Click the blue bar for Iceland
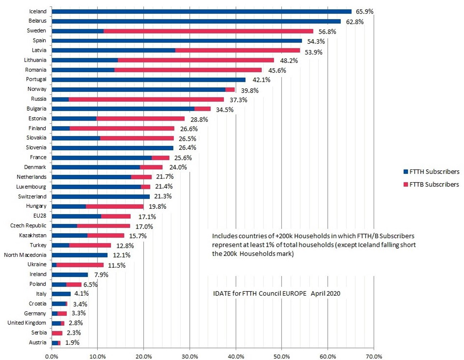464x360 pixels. coord(201,11)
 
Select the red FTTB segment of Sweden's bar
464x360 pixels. coord(208,31)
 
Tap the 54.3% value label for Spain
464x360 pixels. coord(316,41)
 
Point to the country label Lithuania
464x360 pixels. coord(35,60)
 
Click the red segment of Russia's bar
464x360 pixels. coord(146,99)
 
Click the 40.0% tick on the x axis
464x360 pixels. coord(236,356)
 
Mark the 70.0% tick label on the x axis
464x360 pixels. coord(374,356)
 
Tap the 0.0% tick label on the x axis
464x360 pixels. coord(52,356)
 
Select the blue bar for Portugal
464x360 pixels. coord(148,80)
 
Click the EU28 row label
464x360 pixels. coord(40,216)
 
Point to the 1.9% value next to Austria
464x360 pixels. coord(72,343)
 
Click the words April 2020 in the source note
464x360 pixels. coord(325,294)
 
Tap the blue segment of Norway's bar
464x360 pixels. coord(138,89)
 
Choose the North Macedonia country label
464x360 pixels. coord(25,255)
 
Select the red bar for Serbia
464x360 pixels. coord(57,333)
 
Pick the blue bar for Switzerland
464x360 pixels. coord(101,197)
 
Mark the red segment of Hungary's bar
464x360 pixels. coord(115,206)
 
